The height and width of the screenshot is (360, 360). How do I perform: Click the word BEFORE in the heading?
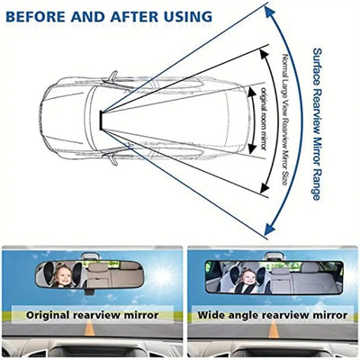coord(36,17)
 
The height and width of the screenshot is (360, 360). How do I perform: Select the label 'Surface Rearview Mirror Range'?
coord(317,124)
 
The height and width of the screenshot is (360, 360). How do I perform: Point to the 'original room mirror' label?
coord(263,119)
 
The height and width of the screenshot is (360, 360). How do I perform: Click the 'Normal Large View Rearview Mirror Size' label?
coord(285,120)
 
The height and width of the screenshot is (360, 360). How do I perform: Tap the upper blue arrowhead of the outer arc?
coord(270,13)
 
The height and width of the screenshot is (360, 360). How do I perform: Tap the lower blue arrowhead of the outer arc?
coord(270,229)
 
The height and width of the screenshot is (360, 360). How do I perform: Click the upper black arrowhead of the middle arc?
coord(264,54)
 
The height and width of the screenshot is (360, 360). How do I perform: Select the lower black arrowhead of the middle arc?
coord(265,188)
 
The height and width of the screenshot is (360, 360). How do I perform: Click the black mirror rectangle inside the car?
coord(101,121)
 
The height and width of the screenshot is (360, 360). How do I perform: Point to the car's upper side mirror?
coord(112,76)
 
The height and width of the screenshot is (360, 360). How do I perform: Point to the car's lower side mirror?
coord(112,159)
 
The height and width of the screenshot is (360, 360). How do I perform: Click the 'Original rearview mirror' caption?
coord(92,315)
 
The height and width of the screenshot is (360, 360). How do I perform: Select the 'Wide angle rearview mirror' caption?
coord(273,315)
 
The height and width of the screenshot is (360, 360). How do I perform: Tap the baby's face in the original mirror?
coord(64,276)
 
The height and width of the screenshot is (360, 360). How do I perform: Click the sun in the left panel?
coord(161,276)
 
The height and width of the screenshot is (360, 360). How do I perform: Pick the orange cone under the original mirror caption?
coord(90,328)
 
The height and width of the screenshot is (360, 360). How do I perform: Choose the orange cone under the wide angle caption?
coord(274,328)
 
